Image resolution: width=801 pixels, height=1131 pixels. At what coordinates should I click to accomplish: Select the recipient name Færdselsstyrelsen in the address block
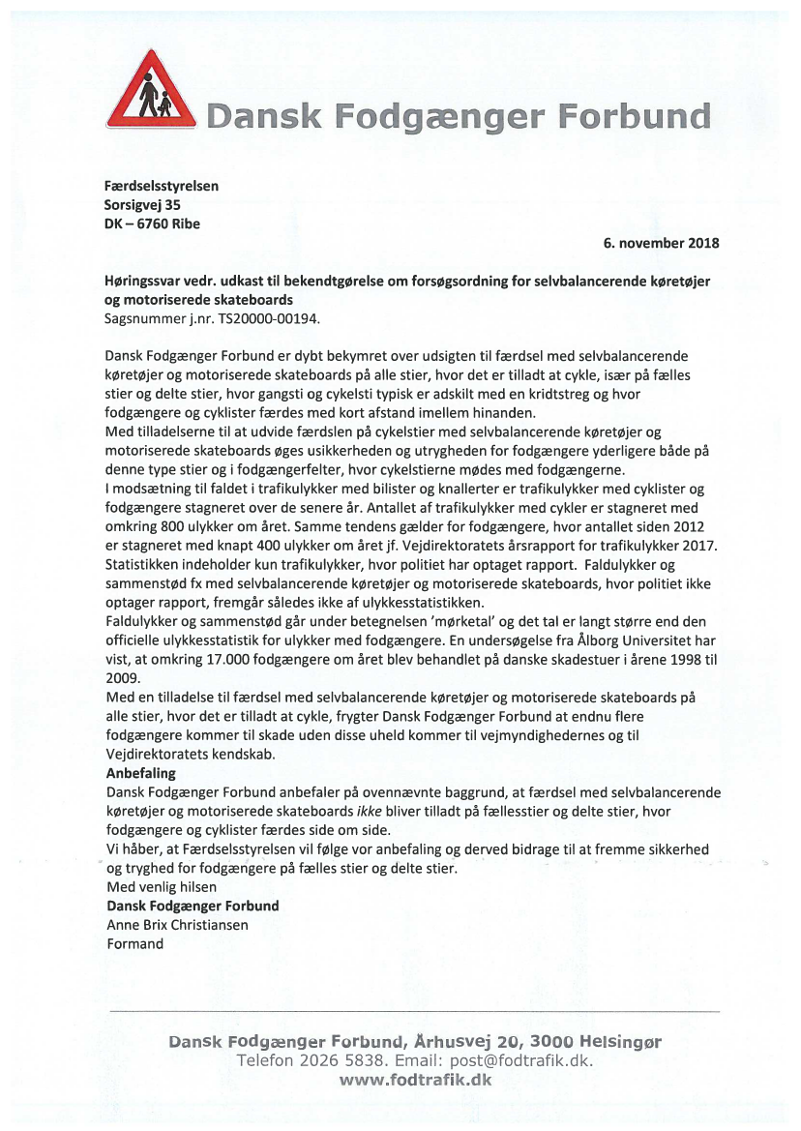(161, 186)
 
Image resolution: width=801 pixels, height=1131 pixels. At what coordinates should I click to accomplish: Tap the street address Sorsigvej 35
(142, 204)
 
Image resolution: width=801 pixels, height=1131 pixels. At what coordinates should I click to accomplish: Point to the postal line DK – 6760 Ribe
(153, 223)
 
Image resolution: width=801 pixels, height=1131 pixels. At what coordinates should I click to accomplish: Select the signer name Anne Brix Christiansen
(177, 924)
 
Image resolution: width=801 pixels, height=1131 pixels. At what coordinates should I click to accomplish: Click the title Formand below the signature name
(134, 942)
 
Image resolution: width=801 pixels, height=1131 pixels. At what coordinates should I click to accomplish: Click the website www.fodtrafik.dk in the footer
(415, 1080)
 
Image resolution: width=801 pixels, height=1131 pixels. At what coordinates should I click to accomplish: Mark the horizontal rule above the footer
(416, 1011)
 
